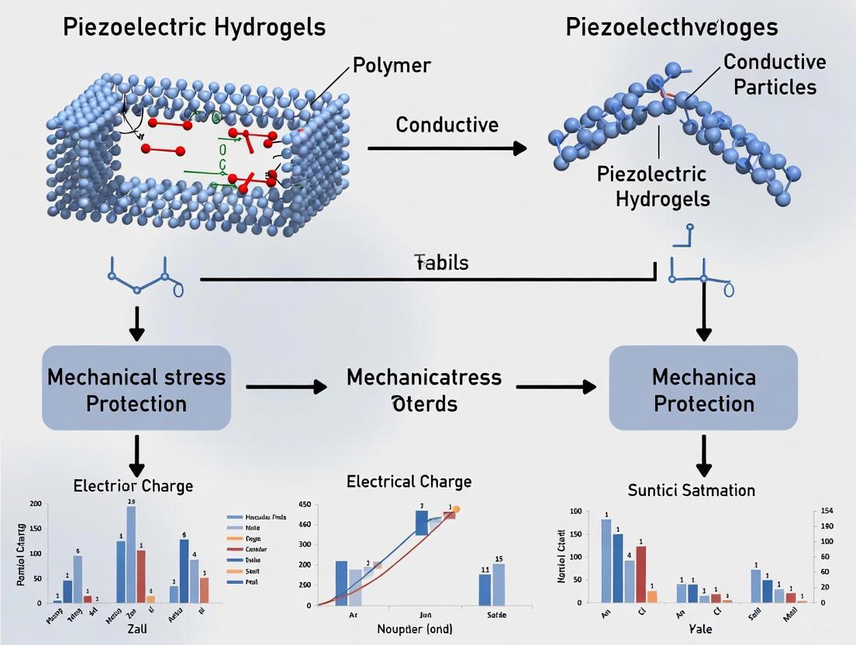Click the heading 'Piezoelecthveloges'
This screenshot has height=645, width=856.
coord(671,27)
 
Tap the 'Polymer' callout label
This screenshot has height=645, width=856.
coord(392,64)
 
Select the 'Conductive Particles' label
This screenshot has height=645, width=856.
coord(775,74)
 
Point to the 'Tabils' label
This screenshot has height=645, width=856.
coord(441,262)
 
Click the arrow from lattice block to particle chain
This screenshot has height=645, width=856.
coord(447,147)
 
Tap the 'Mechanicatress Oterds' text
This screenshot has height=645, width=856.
coord(424,390)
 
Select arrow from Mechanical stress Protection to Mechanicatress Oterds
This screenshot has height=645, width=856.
coord(286,386)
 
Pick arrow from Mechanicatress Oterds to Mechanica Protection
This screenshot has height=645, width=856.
coord(556,386)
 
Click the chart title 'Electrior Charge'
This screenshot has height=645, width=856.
coord(133,486)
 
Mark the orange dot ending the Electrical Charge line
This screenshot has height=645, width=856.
coord(456,509)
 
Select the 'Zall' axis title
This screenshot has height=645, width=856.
coord(136,629)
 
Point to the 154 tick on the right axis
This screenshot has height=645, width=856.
coord(826,511)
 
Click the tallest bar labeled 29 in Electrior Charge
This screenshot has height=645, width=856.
coord(131,554)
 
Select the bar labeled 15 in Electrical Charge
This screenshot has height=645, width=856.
coord(498,584)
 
